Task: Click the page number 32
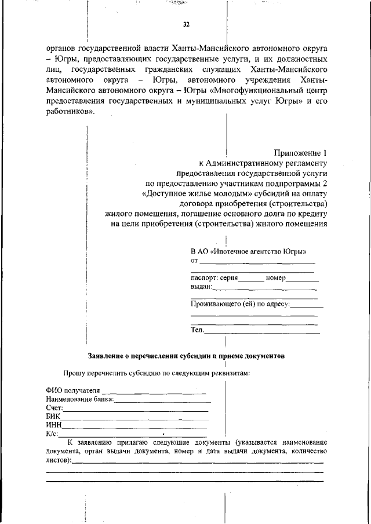click(x=186, y=24)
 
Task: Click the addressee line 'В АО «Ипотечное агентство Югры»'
click(x=249, y=252)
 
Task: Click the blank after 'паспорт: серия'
click(x=251, y=278)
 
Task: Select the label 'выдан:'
click(x=202, y=287)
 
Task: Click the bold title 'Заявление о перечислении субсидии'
click(x=185, y=356)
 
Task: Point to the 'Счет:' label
click(x=54, y=408)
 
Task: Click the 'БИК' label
click(x=53, y=416)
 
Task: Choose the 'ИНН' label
click(x=53, y=425)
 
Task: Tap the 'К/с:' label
click(x=52, y=434)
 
